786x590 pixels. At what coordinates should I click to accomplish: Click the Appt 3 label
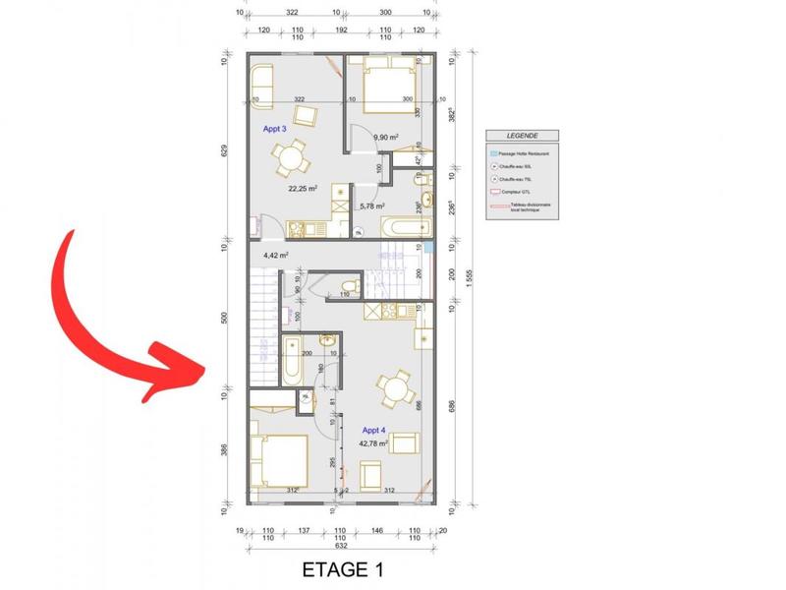point(274,129)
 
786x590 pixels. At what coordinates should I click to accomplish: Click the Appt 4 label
point(373,431)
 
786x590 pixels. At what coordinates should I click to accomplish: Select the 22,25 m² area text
point(302,189)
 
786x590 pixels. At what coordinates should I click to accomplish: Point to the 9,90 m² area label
point(385,138)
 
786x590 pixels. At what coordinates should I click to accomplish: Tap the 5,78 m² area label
point(371,206)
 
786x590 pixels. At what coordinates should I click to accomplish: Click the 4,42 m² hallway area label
point(275,256)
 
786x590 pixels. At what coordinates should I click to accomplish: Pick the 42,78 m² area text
point(374,443)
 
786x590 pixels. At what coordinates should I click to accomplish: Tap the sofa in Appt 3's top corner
point(261,80)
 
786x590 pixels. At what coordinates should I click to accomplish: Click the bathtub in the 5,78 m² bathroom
point(403,227)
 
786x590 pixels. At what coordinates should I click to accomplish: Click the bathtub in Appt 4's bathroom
point(292,362)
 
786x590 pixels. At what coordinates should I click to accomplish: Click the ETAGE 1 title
point(342,569)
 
